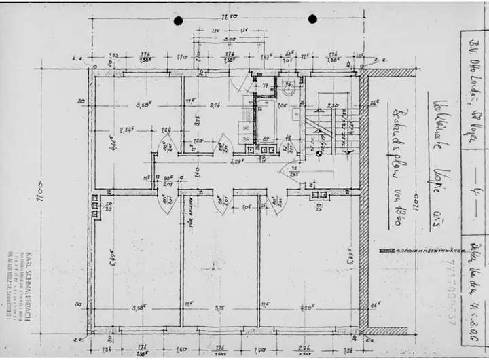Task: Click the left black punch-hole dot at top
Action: [179, 20]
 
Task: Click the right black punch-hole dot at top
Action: [312, 19]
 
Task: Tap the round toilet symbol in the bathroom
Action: [288, 86]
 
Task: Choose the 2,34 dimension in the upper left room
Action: [125, 130]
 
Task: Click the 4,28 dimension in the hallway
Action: [237, 162]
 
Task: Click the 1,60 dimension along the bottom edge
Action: [183, 350]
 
